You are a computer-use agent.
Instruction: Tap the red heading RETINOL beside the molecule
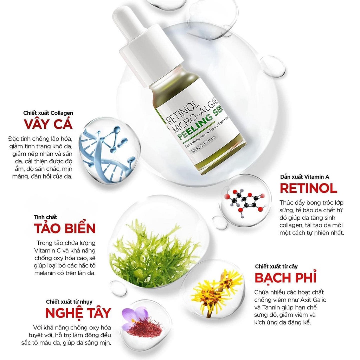[308, 188]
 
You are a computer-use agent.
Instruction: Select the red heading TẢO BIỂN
[65, 228]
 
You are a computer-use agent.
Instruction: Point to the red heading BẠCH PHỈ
[285, 277]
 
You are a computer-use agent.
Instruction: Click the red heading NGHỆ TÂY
[78, 313]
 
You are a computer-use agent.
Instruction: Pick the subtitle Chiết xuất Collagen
[48, 113]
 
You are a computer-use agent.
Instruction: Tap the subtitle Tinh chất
[45, 217]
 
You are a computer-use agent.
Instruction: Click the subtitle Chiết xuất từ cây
[276, 266]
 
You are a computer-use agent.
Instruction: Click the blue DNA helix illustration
[105, 149]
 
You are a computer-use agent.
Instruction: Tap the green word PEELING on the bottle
[192, 132]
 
